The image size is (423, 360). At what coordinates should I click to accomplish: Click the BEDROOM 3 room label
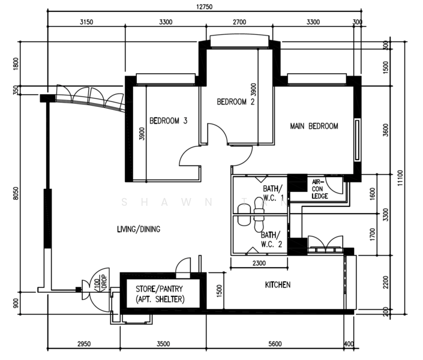point(168,121)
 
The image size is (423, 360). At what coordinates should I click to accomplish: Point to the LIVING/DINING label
point(139,229)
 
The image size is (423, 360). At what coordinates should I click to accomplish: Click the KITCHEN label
point(278,284)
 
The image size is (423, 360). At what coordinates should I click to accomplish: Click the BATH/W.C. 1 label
point(274,193)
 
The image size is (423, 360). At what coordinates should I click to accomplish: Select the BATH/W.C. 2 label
point(271,239)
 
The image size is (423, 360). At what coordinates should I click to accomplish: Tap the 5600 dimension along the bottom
point(275,344)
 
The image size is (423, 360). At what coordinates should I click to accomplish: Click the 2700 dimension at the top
point(239,23)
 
